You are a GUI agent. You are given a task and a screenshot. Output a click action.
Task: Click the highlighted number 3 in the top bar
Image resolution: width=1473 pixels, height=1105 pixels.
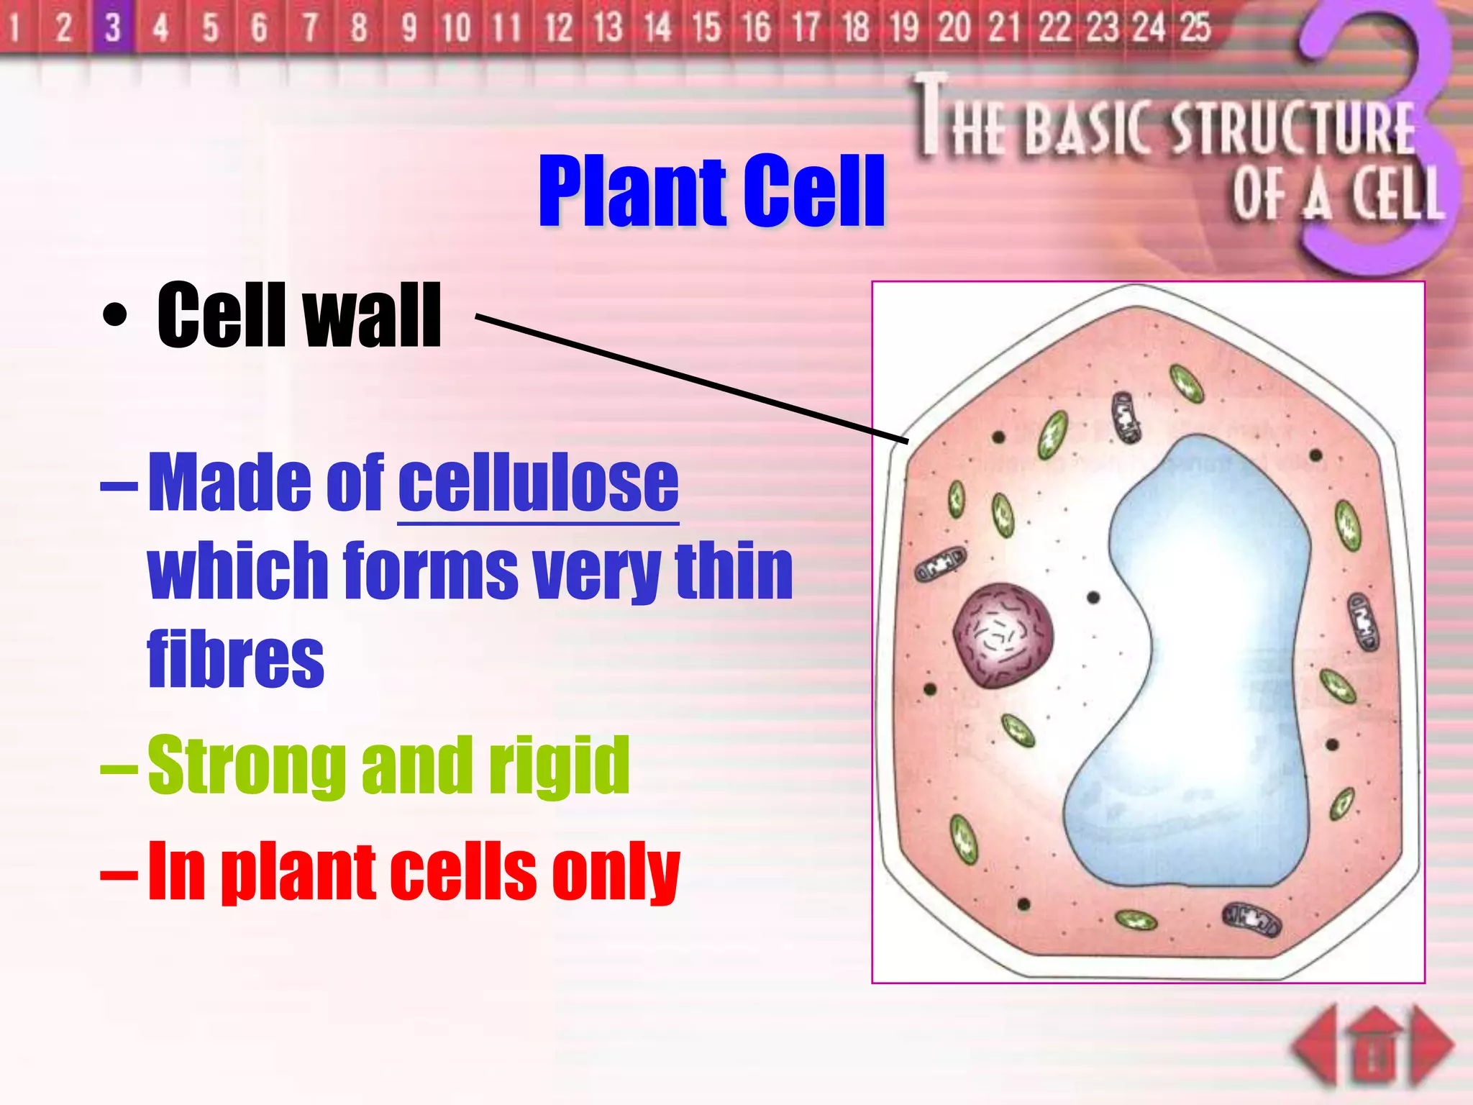tap(112, 28)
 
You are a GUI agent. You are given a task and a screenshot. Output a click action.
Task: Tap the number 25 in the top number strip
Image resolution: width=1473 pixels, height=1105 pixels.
tap(1195, 27)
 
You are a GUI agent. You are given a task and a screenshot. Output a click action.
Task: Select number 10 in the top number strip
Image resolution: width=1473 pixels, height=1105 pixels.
tap(455, 28)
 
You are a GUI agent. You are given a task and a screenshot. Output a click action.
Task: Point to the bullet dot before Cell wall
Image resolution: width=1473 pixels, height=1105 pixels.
tap(115, 315)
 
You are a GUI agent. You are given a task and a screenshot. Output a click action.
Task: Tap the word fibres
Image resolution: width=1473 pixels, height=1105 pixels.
tap(235, 658)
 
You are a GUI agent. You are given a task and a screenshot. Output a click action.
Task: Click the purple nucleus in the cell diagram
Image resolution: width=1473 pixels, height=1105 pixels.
tap(1003, 635)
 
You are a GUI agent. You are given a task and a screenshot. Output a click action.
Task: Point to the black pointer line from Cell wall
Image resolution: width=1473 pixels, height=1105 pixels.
tap(690, 377)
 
